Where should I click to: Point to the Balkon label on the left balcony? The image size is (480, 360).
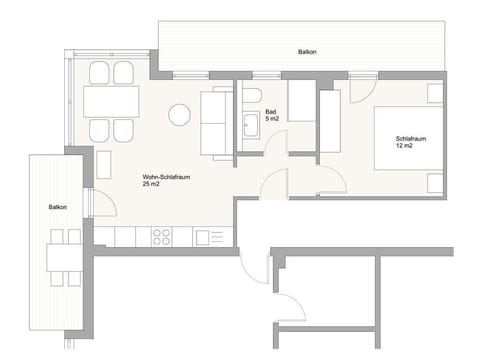click(x=58, y=207)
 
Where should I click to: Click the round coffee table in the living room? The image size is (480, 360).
click(x=179, y=115)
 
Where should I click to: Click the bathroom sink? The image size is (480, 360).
click(x=250, y=125)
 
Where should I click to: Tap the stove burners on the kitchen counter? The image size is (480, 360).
click(x=160, y=236)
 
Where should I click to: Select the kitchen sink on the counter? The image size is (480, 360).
click(x=208, y=237)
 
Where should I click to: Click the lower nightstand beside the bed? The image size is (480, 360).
click(x=434, y=183)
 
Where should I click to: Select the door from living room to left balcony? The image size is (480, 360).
click(x=93, y=205)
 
